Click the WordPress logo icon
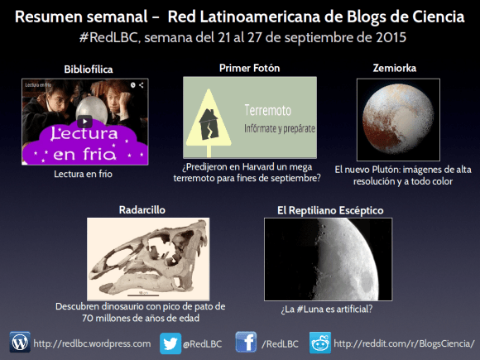click(x=20, y=342)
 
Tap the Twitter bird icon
click(x=170, y=342)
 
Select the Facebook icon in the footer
click(x=246, y=342)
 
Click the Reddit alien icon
click(x=319, y=342)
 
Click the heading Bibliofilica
click(x=83, y=67)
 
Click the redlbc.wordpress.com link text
click(x=93, y=343)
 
